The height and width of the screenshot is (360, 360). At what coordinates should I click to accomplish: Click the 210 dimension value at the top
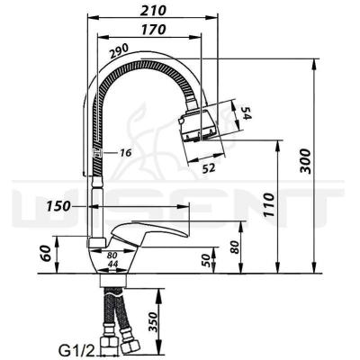pos(153,11)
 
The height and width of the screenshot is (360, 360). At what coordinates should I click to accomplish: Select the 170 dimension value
pos(153,30)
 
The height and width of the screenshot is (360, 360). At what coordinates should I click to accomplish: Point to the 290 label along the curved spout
pos(119,51)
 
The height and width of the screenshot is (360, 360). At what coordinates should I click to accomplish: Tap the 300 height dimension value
pos(306,160)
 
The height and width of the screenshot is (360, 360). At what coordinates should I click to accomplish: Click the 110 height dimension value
pos(269,205)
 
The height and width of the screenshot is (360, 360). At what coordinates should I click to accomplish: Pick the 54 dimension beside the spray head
pos(244,112)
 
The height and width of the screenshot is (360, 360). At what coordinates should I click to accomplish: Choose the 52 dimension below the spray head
pos(209,168)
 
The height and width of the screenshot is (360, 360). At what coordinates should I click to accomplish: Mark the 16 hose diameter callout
pos(125,153)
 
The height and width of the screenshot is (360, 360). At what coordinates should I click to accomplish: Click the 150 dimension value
pos(58,206)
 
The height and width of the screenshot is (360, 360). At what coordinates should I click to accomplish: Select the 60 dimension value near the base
pos(47,254)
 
